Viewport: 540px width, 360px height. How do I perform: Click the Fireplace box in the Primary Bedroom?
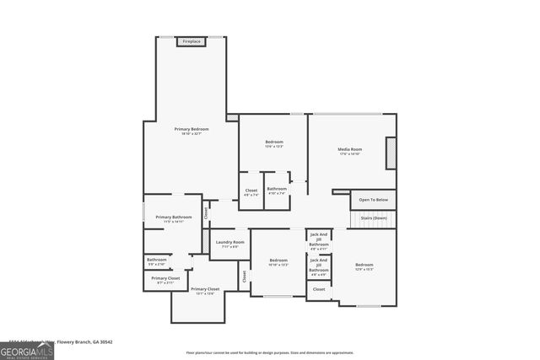[192, 41]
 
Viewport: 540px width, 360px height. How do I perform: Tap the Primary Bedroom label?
[192, 131]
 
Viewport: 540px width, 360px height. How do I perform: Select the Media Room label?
[349, 151]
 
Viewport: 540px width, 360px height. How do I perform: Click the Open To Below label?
[373, 200]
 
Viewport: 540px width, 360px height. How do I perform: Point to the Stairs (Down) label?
[374, 218]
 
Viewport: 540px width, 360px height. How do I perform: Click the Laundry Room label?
[229, 244]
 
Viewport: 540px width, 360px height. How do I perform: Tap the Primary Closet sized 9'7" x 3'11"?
[165, 280]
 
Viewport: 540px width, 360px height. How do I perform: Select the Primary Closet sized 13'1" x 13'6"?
[205, 291]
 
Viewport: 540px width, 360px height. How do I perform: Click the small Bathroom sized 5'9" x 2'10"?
[157, 261]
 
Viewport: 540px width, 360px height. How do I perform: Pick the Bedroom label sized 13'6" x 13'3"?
[274, 143]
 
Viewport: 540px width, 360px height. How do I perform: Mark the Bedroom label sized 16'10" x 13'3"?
[278, 262]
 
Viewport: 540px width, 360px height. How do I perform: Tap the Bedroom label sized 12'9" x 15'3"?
[364, 266]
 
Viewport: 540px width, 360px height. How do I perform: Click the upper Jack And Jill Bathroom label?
[318, 240]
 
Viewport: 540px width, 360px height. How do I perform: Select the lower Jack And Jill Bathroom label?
[318, 267]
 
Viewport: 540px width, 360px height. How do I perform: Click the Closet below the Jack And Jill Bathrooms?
[318, 289]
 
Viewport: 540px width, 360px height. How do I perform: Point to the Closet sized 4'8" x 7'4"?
[251, 191]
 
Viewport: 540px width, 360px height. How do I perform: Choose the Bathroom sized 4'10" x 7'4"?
[277, 191]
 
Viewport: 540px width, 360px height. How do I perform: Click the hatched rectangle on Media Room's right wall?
[391, 153]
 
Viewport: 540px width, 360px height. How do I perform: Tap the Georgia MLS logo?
[27, 351]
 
